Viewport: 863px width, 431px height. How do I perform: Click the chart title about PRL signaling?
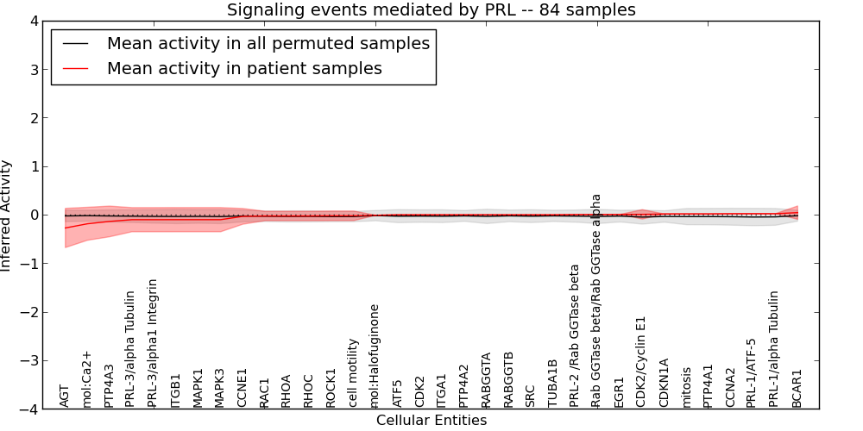click(431, 10)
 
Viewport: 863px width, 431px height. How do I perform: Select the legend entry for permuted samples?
click(268, 44)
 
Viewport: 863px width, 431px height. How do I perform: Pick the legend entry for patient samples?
click(244, 68)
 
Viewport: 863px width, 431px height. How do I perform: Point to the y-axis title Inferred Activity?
click(7, 215)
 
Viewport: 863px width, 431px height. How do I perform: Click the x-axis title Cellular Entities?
click(431, 421)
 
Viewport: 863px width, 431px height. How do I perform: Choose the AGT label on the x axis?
click(65, 396)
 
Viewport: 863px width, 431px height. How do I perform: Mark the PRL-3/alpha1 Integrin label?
click(154, 343)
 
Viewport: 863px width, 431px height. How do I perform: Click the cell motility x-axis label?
click(353, 372)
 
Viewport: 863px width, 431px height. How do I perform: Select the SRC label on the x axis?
click(531, 396)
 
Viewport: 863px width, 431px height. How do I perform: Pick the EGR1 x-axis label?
click(619, 392)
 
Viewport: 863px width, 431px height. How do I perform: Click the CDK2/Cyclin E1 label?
click(641, 361)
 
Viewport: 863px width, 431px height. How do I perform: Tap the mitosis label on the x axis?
click(686, 387)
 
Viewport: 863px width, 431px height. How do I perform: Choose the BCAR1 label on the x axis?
click(797, 389)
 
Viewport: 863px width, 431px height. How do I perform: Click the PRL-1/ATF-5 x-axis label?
click(752, 373)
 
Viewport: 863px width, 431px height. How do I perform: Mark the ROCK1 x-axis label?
click(331, 388)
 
